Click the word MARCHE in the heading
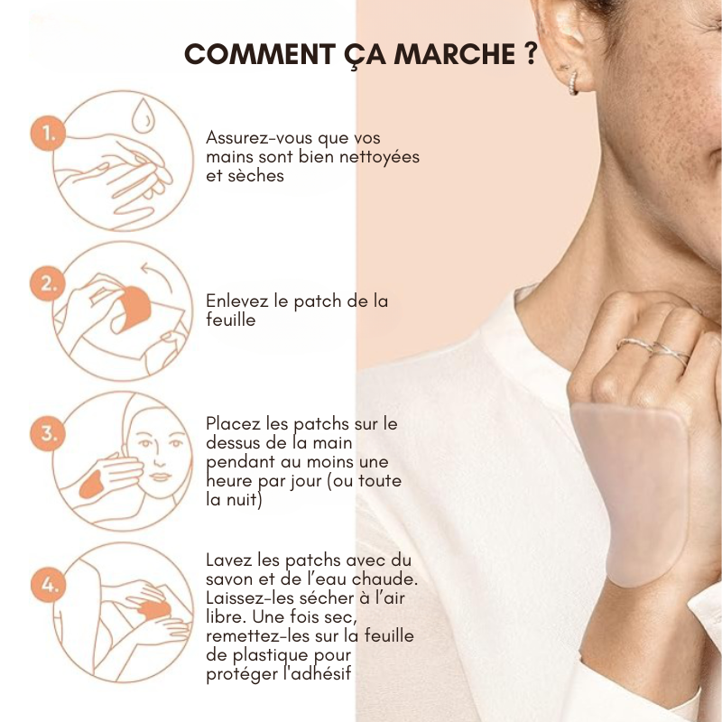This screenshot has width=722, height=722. tap(455, 54)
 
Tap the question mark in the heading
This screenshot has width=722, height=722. tap(531, 53)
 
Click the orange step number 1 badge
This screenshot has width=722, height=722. tap(48, 134)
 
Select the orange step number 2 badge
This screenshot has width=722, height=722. tap(48, 283)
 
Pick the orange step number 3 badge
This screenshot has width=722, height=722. tap(48, 434)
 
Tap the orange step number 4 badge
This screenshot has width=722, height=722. tap(48, 584)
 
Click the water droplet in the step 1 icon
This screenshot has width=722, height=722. tap(143, 116)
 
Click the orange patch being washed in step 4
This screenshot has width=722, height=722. tap(155, 610)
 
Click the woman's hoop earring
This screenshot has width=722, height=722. tap(573, 83)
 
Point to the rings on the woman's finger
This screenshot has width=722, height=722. tap(653, 350)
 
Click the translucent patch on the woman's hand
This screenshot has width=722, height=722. tap(631, 493)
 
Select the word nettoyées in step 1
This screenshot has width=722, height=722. tap(379, 156)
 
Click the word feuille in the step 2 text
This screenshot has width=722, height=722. tap(231, 319)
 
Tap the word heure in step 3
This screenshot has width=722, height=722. tap(229, 480)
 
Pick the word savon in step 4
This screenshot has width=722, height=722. tap(228, 579)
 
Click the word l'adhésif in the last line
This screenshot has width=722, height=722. tap(317, 673)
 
